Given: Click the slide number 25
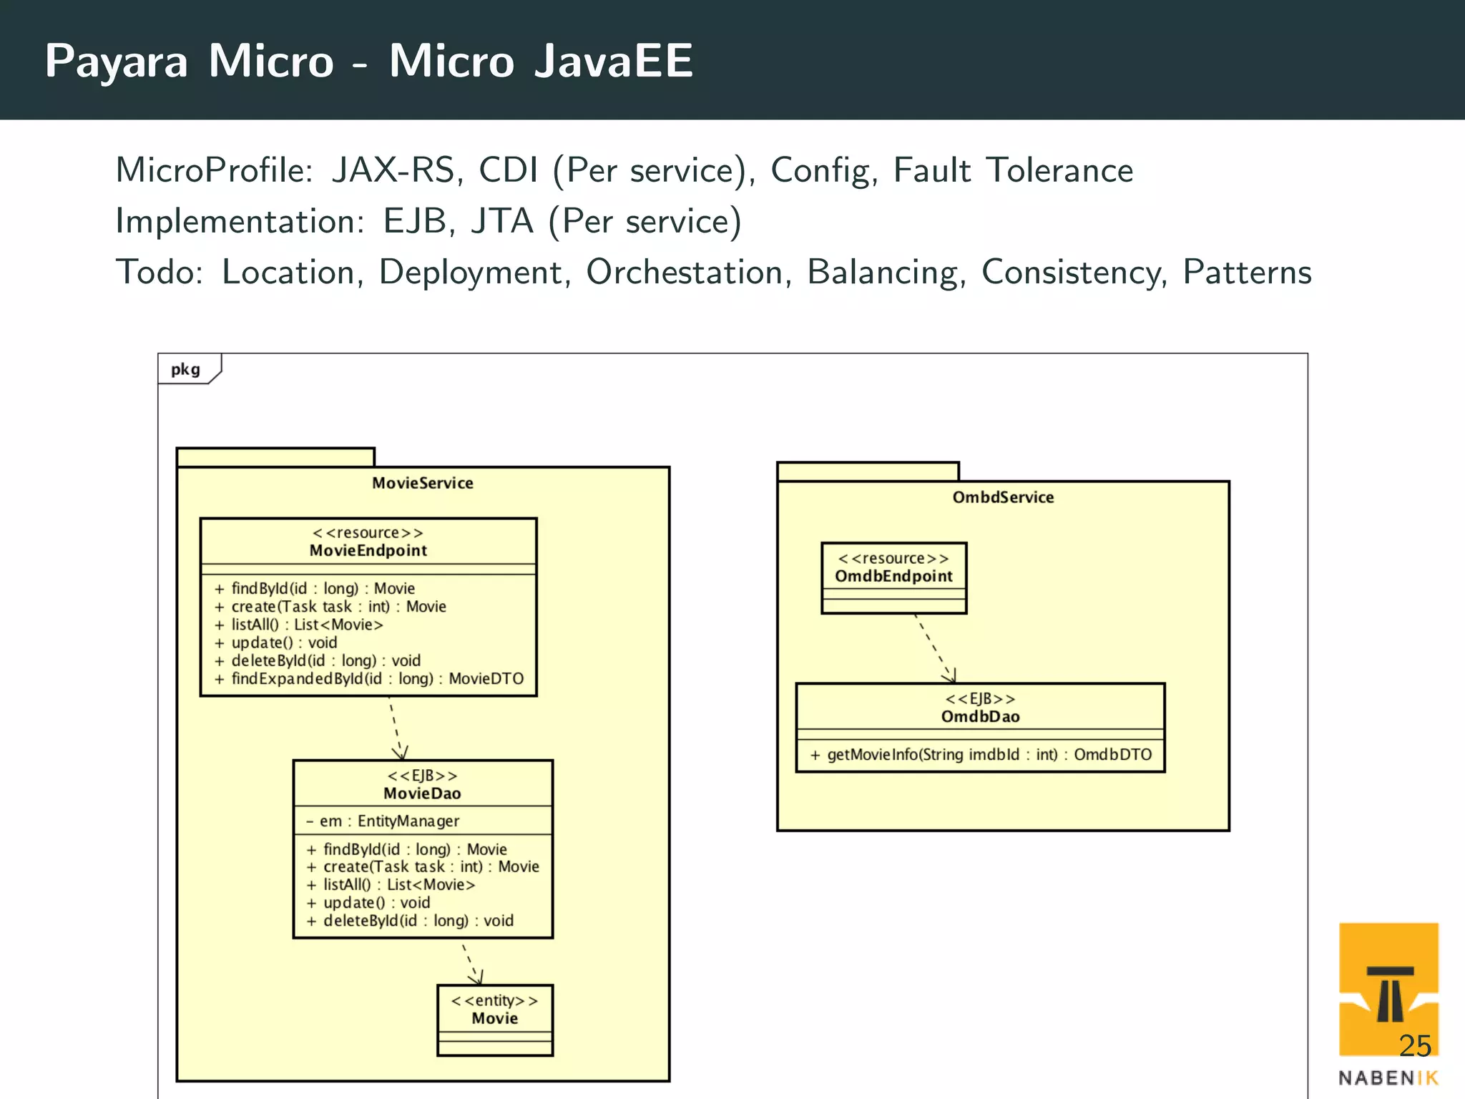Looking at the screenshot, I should [x=1414, y=1046].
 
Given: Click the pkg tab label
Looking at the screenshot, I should [x=185, y=369].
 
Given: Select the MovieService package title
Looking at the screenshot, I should [x=422, y=483].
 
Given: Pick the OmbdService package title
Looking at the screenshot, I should [x=1003, y=497].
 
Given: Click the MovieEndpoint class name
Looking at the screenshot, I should [x=368, y=550].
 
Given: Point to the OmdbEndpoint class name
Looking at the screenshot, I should [x=893, y=576].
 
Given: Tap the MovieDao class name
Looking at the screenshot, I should [x=422, y=793].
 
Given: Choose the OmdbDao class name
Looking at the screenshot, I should [x=980, y=716].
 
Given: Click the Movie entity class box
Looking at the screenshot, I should [x=494, y=1019].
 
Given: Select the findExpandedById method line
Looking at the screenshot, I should [x=369, y=678].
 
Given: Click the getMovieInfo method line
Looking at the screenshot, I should [x=981, y=754].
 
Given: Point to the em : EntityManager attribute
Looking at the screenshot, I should [x=383, y=821].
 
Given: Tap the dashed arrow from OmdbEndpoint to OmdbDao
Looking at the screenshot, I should [x=934, y=648].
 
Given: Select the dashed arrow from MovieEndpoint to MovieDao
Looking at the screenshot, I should [x=396, y=726].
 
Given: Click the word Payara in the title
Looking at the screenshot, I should [x=116, y=62].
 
